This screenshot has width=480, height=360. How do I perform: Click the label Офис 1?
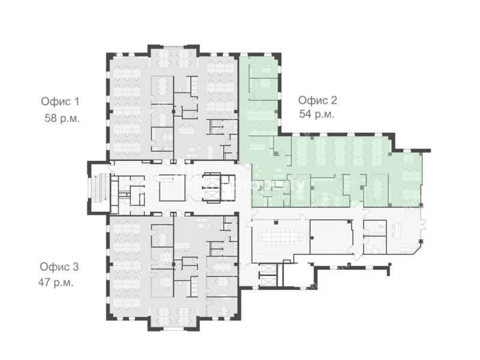point(61,101)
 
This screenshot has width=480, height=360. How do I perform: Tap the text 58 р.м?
point(62,118)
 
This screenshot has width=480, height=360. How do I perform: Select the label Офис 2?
point(317,100)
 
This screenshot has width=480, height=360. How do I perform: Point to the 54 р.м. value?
point(317,114)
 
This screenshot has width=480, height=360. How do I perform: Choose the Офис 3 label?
point(59,266)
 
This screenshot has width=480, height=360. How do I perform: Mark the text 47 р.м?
point(56,282)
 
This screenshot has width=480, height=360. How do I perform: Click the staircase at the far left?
point(99,188)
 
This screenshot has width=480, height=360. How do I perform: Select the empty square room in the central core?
point(172,188)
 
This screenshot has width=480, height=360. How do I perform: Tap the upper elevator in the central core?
point(212,183)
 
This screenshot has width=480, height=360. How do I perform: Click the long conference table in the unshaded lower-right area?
point(280,236)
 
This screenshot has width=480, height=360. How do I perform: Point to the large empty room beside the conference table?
point(331,236)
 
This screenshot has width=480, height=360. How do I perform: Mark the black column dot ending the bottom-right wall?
point(389,264)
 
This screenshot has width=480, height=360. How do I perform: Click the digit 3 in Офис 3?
point(76,266)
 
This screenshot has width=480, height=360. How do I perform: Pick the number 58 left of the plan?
point(51,118)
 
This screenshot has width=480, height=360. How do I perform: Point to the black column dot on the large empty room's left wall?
point(312,238)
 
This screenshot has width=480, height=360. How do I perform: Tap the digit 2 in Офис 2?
point(334,100)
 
